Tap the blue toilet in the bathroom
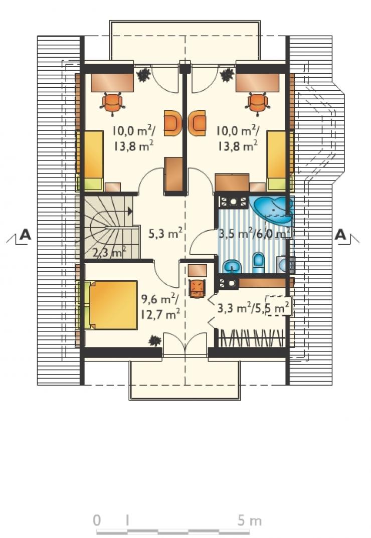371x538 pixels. [x=258, y=263]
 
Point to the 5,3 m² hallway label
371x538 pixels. [x=165, y=234]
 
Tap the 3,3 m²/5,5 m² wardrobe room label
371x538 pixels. [x=253, y=308]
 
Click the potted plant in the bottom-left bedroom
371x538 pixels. [x=155, y=340]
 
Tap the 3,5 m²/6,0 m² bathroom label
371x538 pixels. [x=254, y=234]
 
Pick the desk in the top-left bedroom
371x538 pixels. [x=112, y=82]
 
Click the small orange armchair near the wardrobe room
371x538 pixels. [x=197, y=289]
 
